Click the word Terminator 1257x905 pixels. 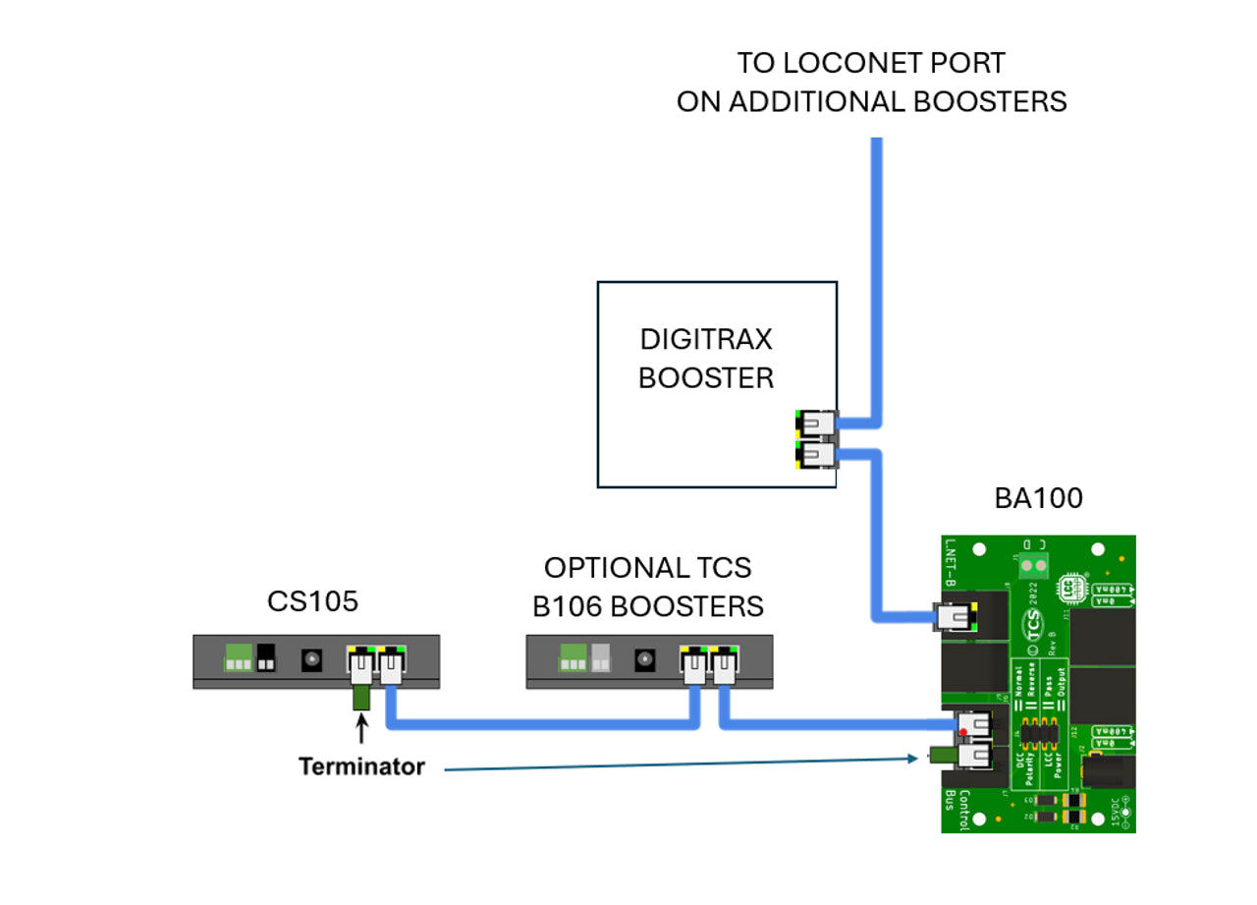pyautogui.click(x=361, y=766)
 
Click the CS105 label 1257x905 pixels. pyautogui.click(x=313, y=600)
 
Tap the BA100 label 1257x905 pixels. pyautogui.click(x=1039, y=498)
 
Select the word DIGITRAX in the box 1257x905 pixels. pyautogui.click(x=706, y=340)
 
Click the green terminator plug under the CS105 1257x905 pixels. pyautogui.click(x=360, y=698)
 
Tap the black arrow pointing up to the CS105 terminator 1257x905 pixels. pyautogui.click(x=361, y=729)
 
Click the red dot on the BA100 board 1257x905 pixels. pyautogui.click(x=966, y=732)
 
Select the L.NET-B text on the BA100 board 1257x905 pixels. pyautogui.click(x=950, y=562)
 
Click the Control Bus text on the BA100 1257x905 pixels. pyautogui.click(x=951, y=810)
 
